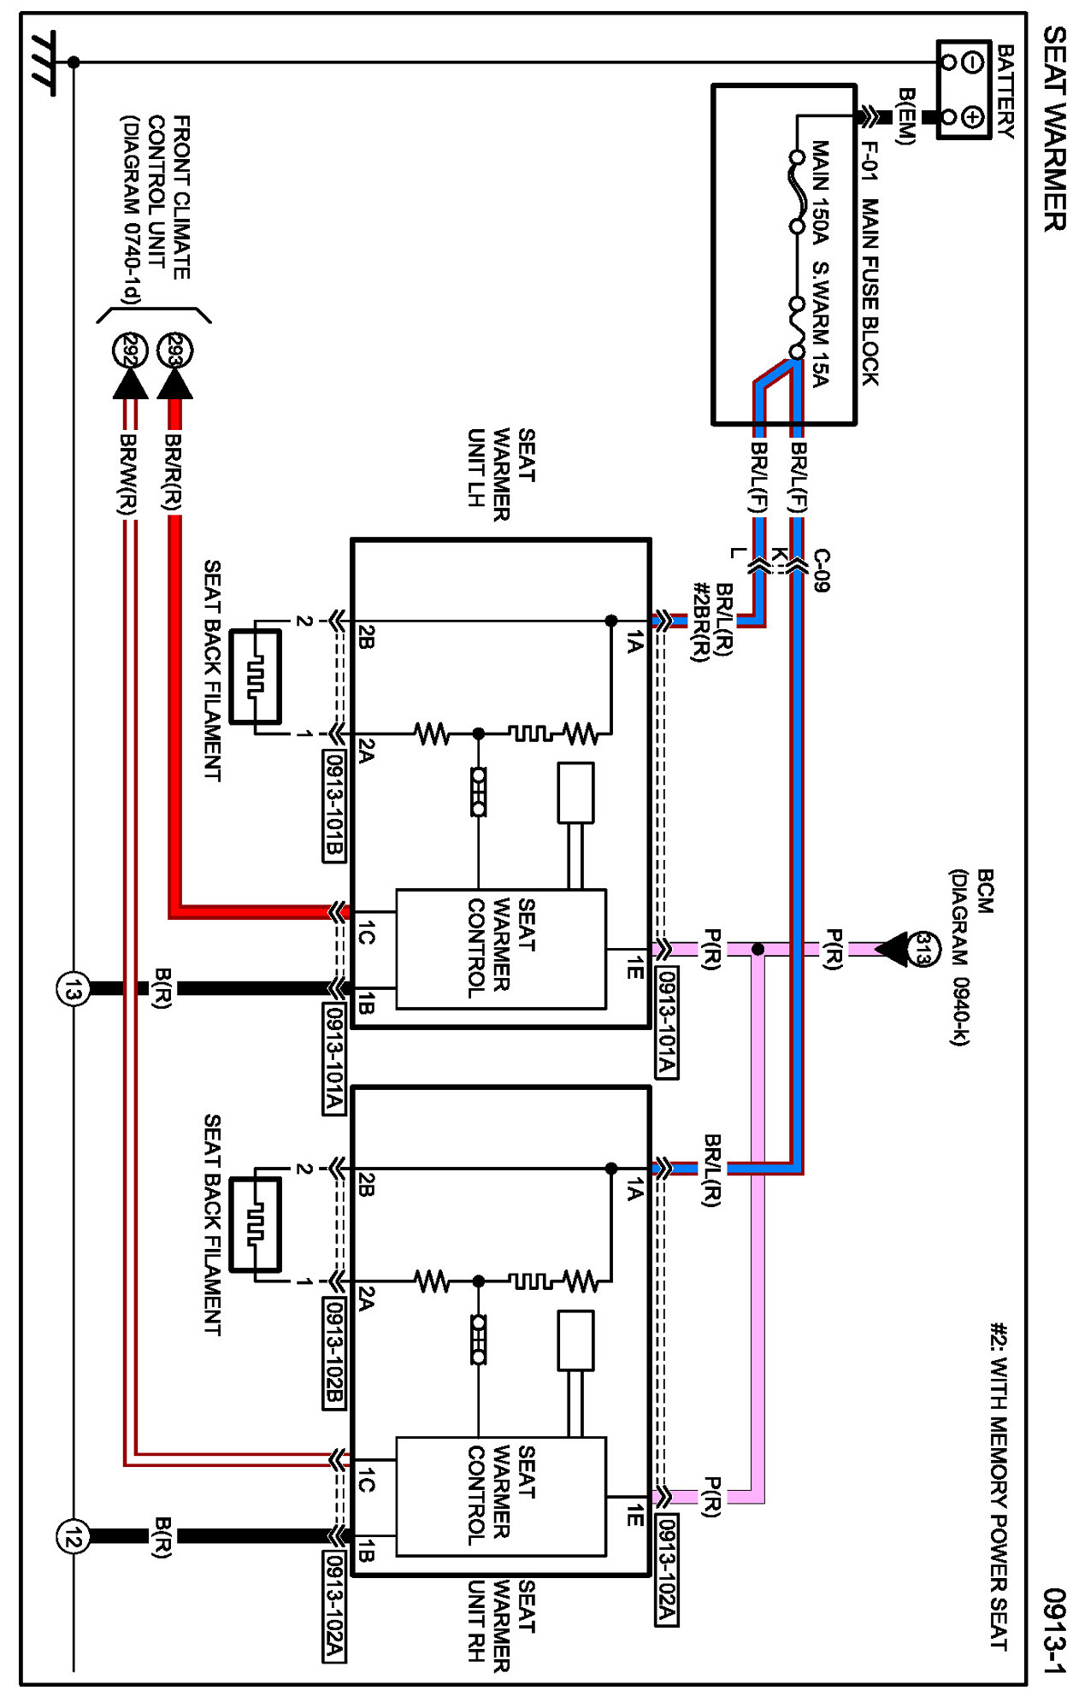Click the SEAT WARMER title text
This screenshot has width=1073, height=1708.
(x=1055, y=128)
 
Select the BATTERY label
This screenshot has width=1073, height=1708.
(x=1006, y=92)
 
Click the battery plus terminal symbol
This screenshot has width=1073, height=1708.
(x=972, y=116)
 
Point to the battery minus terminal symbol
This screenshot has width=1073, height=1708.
(x=972, y=62)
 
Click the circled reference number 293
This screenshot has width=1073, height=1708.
(x=176, y=350)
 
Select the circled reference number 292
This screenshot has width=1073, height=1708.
(x=131, y=350)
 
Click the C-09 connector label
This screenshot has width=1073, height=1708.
(x=822, y=570)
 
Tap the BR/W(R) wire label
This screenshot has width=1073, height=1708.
(x=128, y=474)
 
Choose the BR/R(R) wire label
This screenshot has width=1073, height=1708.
(x=174, y=473)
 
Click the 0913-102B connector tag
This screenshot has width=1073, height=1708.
(x=334, y=1353)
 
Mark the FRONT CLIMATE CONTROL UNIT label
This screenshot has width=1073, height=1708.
(x=156, y=210)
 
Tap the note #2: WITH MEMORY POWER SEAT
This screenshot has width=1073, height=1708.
(x=999, y=1487)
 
